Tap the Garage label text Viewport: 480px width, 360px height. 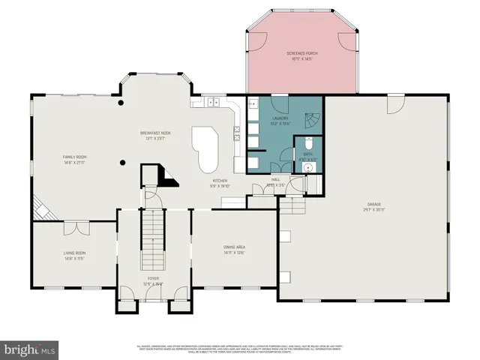[374, 204]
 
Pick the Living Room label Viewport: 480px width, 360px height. [74, 253]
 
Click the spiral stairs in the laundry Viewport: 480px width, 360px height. [312, 119]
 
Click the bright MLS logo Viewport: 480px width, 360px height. [30, 349]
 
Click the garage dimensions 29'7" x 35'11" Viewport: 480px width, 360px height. [374, 209]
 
